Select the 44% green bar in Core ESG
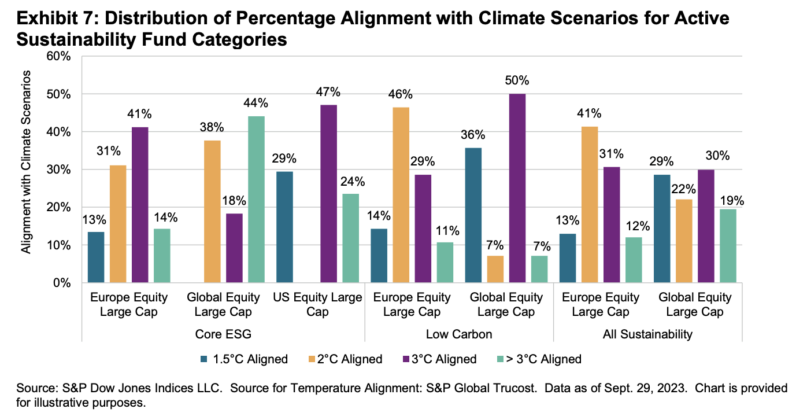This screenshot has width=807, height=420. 256,200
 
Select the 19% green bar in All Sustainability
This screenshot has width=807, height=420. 727,246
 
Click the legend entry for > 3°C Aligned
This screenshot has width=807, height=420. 544,359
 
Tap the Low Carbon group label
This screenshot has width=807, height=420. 459,334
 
